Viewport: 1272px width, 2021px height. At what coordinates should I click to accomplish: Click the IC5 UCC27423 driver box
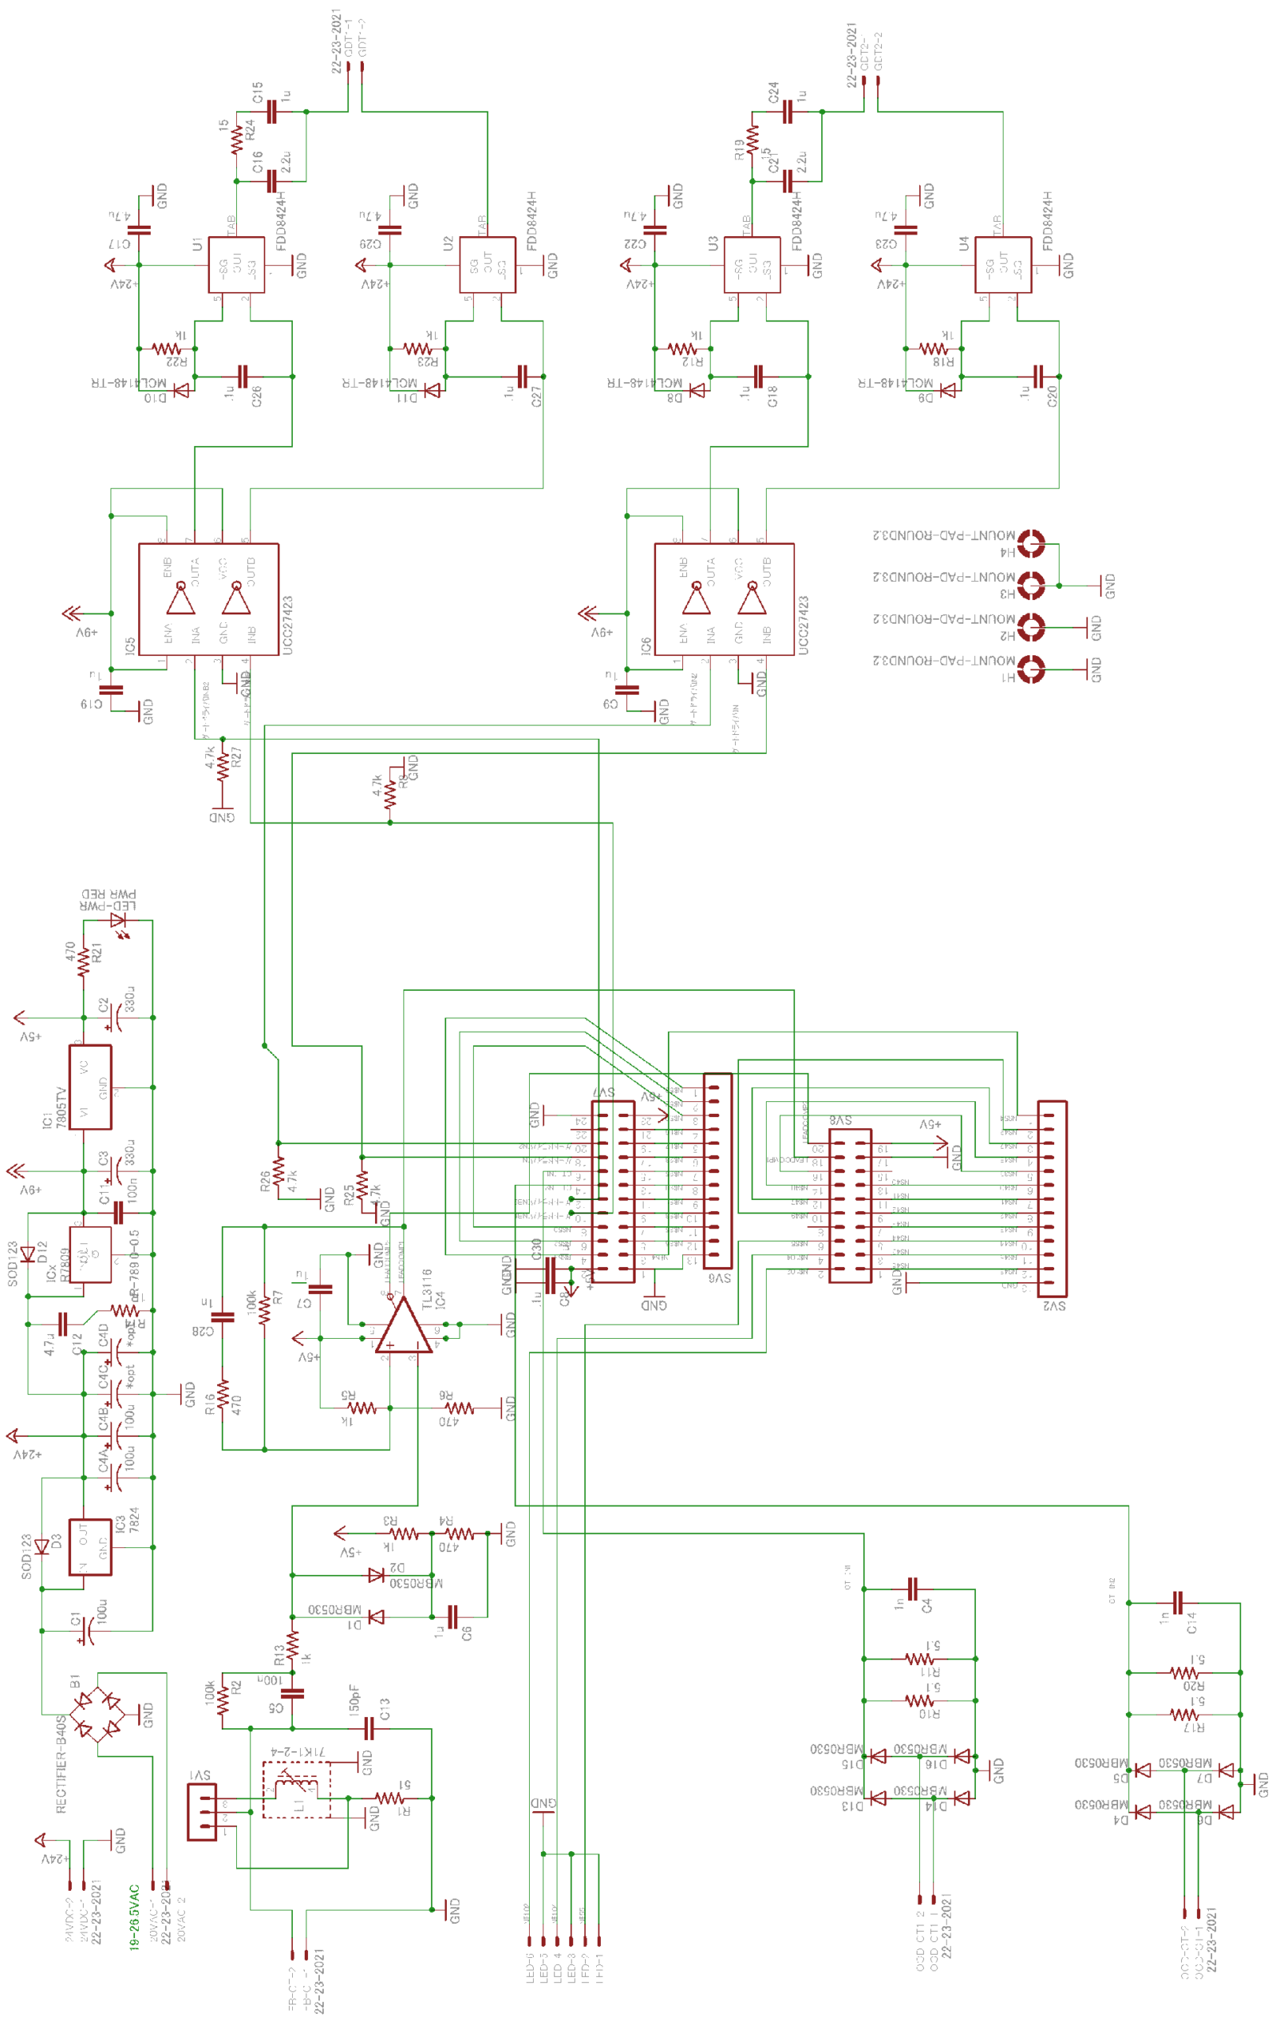208,599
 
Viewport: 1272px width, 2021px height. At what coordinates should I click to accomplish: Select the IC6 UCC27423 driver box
724,599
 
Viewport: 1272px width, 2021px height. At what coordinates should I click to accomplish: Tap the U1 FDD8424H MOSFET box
236,264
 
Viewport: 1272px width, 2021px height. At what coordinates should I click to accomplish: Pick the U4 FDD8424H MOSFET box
1003,264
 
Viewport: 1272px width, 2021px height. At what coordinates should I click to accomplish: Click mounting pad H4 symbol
1031,543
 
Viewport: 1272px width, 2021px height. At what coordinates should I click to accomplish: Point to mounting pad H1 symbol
1031,669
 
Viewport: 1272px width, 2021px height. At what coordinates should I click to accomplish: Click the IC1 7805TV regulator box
90,1086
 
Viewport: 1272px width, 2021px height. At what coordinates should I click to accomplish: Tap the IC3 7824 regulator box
90,1546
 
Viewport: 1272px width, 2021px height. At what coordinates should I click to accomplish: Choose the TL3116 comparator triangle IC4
403,1326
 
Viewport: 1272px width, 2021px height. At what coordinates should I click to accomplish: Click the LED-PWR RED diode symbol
119,921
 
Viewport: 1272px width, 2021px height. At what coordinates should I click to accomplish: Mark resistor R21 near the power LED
83,962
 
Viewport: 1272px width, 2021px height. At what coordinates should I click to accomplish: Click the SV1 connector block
201,1811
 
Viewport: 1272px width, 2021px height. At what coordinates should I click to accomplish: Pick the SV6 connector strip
717,1170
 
